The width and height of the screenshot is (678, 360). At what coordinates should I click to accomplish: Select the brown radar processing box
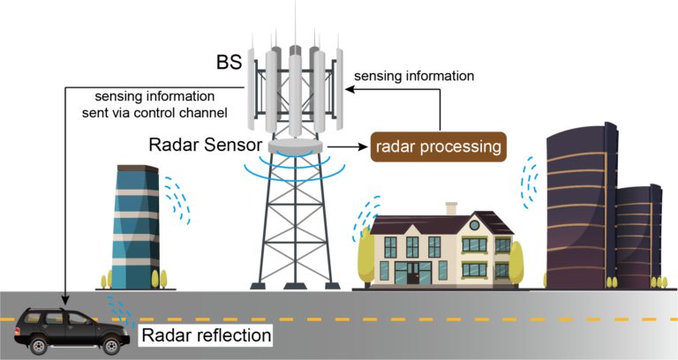tap(438, 146)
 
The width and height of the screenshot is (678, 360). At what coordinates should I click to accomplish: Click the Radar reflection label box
tap(205, 335)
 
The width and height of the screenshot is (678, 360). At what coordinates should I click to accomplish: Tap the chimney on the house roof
tap(451, 208)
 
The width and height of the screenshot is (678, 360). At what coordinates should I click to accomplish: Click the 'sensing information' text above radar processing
tap(413, 76)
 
